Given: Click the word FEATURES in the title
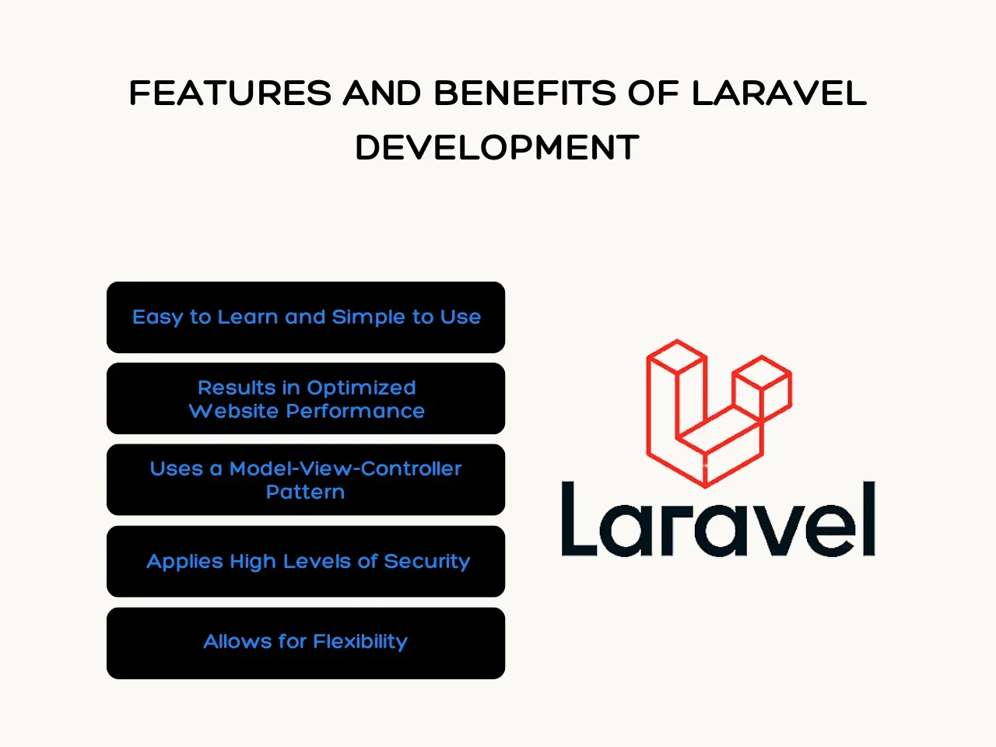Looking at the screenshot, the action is pos(230,93).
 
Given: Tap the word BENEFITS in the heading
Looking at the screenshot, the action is pos(525,93).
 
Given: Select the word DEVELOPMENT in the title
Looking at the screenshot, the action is pos(497,147).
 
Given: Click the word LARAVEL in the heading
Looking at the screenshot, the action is pos(779,93).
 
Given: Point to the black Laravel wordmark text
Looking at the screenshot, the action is pos(718,518).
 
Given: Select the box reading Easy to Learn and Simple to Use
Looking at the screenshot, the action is pos(306,317).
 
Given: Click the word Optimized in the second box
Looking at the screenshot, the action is pos(361,388).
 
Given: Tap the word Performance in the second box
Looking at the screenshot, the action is pos(356,411).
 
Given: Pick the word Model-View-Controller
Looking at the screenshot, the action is pos(345,468).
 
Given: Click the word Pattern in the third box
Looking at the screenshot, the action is pos(305,492).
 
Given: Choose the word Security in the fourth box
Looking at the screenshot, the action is pos(427,562).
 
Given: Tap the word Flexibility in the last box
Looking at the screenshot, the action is pos(360,642).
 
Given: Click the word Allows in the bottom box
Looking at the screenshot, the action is pos(238,642).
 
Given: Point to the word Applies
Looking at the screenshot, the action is pos(186,562).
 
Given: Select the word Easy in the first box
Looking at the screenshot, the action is pos(158,317).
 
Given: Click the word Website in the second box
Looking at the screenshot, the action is pos(233,411).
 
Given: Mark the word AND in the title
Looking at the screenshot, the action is pos(382,93).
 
